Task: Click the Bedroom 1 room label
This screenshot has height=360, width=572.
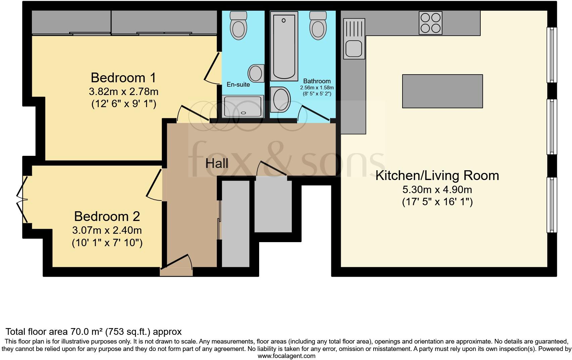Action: pyautogui.click(x=123, y=78)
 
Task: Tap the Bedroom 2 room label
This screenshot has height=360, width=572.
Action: pyautogui.click(x=107, y=216)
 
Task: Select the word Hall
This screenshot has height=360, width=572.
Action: pyautogui.click(x=217, y=164)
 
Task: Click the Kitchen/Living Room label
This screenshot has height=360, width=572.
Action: pyautogui.click(x=437, y=176)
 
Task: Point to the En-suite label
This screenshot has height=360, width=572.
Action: pyautogui.click(x=238, y=85)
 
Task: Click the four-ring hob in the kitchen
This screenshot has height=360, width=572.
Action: pyautogui.click(x=430, y=23)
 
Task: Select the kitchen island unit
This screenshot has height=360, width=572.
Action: pyautogui.click(x=442, y=91)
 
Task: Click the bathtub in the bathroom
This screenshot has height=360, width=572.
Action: pyautogui.click(x=284, y=46)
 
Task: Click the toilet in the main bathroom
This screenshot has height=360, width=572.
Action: pyautogui.click(x=318, y=25)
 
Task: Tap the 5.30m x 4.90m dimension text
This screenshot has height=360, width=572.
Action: pyautogui.click(x=437, y=190)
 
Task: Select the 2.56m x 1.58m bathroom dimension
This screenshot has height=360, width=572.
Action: pyautogui.click(x=317, y=88)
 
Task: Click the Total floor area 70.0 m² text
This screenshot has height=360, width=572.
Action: pyautogui.click(x=94, y=332)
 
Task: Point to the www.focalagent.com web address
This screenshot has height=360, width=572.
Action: pyautogui.click(x=286, y=356)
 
